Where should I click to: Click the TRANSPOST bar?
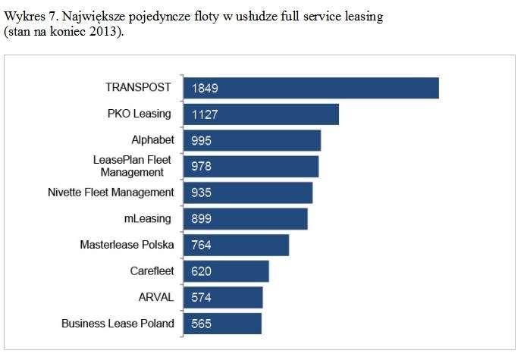pyautogui.click(x=311, y=88)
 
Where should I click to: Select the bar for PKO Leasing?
pyautogui.click(x=261, y=114)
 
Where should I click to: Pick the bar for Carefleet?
pyautogui.click(x=226, y=271)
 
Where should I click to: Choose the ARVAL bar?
pyautogui.click(x=223, y=297)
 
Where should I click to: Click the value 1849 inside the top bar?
pyautogui.click(x=206, y=88)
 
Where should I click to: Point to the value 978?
pyautogui.click(x=202, y=167)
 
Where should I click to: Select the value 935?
pyautogui.click(x=202, y=193)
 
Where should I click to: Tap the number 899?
pyautogui.click(x=202, y=219)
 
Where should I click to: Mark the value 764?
pyautogui.click(x=202, y=245)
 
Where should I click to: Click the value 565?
pyautogui.click(x=202, y=324)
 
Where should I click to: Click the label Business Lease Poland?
pyautogui.click(x=118, y=324)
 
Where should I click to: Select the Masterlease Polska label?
pyautogui.click(x=127, y=245)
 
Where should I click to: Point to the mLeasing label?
pyautogui.click(x=148, y=219)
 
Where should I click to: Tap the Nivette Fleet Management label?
pyautogui.click(x=111, y=193)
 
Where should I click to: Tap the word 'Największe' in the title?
pyautogui.click(x=89, y=17)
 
